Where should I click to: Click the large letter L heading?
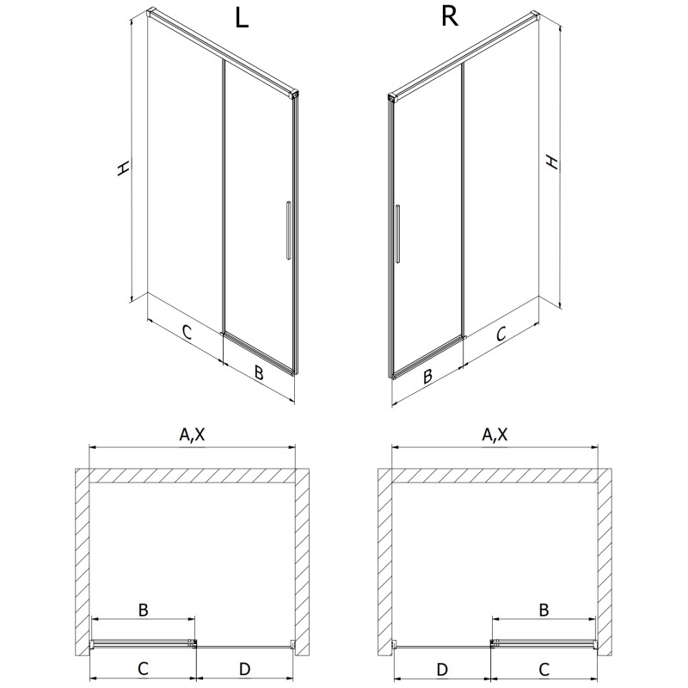[x=243, y=18]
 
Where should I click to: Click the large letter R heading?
[x=449, y=16]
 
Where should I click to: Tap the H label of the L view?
[x=123, y=168]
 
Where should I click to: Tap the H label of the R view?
[x=552, y=162]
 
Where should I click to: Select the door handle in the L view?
[x=288, y=231]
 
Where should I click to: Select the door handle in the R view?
[x=397, y=234]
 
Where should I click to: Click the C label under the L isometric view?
[x=187, y=332]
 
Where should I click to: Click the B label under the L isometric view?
[x=259, y=372]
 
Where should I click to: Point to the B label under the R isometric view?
[x=427, y=376]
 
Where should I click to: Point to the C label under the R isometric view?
[x=501, y=334]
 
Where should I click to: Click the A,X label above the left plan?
[x=192, y=434]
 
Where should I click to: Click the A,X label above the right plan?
[x=495, y=434]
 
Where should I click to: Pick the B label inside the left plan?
[x=143, y=610]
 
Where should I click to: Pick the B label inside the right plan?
[x=544, y=610]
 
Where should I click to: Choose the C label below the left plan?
[x=143, y=669]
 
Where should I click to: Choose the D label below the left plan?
[x=245, y=669]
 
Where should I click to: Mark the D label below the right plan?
[x=442, y=669]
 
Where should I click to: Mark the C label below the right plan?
[x=544, y=669]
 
